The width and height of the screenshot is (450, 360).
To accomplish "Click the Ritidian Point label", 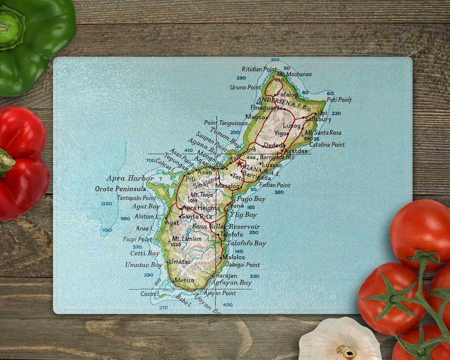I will pos(259,69).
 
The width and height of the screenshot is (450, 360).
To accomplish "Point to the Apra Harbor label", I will pos(124,178).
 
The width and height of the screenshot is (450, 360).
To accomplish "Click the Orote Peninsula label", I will pos(121,189).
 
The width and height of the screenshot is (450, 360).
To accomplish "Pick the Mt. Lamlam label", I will pos(187,239).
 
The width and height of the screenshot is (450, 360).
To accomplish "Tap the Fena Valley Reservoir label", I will pos(226,227).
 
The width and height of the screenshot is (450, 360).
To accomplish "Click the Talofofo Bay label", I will pos(246,243).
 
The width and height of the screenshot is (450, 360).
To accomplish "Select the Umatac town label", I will pos(180,262).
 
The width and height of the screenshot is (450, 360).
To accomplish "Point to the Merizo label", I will pos(185,280).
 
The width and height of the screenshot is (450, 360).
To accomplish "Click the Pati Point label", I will pos(339,100).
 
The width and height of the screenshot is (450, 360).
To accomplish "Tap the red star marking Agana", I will pos(240,163).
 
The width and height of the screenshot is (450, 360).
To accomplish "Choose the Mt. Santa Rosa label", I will pos(323,132).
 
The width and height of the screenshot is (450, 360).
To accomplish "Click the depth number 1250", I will pos(107,203).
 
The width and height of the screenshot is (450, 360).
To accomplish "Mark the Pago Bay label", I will pos(251,199).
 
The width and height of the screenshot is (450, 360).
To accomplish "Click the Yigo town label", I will pos(280,133).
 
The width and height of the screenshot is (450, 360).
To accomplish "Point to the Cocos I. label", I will pos(150,294).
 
